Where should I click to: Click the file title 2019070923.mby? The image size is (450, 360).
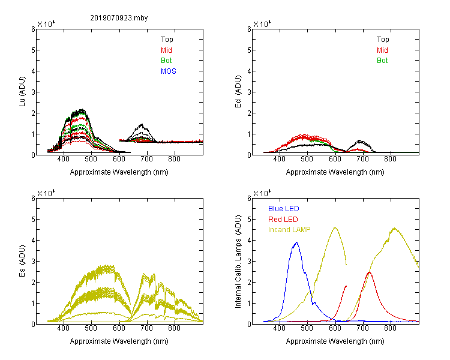coord(119,18)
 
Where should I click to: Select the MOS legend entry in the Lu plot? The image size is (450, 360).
coord(169,71)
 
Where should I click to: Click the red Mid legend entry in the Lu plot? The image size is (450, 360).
coord(166,50)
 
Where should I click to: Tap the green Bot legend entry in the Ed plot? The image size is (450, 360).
coord(382,61)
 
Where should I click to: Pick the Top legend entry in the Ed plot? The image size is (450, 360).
coord(383,40)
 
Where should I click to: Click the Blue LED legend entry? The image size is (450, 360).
coord(284,209)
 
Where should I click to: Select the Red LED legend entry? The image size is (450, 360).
coord(283,220)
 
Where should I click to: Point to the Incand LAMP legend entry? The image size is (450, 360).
coord(289,230)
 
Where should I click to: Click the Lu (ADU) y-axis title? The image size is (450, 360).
coord(22,92)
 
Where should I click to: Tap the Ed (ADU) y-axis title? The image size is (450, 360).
coord(238,92)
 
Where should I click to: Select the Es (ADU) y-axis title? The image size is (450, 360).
coord(22,261)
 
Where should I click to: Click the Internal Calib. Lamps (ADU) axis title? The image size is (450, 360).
coord(238,262)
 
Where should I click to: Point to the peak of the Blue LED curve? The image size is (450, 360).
coord(296,242)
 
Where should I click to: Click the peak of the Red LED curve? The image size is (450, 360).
coord(369,272)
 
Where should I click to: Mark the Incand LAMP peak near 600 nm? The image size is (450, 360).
coord(335,227)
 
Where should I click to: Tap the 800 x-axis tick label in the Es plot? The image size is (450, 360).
coord(174,328)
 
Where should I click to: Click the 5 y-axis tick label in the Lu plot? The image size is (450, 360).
coord(33,50)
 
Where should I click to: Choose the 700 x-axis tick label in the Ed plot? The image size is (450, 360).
coord(363,159)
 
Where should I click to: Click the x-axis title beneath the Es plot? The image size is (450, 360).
coord(119,341)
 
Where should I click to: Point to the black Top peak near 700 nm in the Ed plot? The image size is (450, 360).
coord(359,140)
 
